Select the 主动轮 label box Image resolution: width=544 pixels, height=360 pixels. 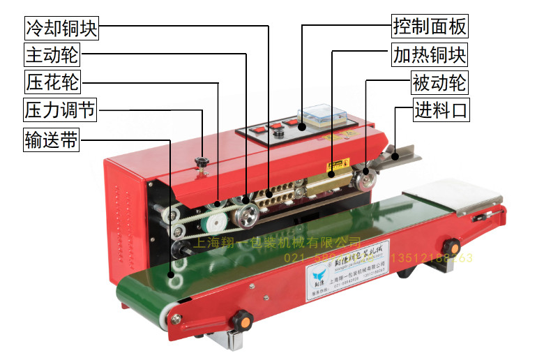(52, 54)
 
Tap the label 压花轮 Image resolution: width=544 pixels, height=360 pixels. (52, 82)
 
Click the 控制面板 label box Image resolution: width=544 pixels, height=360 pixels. (429, 27)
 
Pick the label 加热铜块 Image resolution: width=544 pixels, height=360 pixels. (429, 54)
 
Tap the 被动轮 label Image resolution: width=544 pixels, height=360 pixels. (439, 83)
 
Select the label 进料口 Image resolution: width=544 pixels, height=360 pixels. (440, 110)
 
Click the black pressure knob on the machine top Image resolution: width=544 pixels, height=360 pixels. (203, 163)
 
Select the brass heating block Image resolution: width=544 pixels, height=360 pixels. (328, 183)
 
